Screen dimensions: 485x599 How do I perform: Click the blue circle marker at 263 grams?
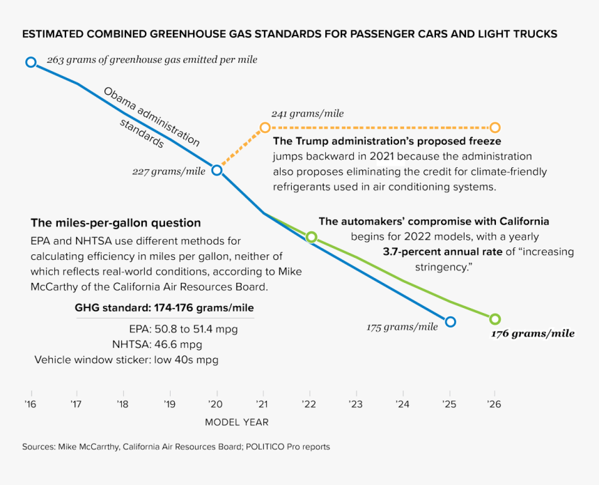[x=31, y=62]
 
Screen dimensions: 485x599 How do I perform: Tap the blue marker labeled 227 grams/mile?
[x=217, y=170]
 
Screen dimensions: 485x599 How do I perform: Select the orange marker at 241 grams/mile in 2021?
[x=265, y=128]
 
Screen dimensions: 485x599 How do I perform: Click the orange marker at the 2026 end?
[x=495, y=128]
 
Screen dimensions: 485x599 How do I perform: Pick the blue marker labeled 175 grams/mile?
[x=450, y=321]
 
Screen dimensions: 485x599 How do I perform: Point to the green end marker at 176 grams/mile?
[x=495, y=319]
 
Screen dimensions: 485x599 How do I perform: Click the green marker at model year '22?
[x=311, y=237]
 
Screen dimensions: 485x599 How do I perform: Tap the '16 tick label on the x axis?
[x=30, y=403]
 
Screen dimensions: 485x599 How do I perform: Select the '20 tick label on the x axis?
[x=216, y=403]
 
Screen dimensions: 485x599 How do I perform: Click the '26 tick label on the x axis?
[x=495, y=403]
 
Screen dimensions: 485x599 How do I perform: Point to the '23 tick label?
[x=355, y=403]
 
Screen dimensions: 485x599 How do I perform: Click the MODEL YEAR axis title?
[x=236, y=422]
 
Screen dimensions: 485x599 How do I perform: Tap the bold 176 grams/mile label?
[x=533, y=334]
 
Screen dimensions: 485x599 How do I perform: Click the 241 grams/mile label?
[x=307, y=114]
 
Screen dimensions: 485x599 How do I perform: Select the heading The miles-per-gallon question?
[x=116, y=223]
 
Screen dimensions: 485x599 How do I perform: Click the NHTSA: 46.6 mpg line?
[x=157, y=344]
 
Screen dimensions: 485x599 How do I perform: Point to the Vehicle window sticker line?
[x=126, y=360]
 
